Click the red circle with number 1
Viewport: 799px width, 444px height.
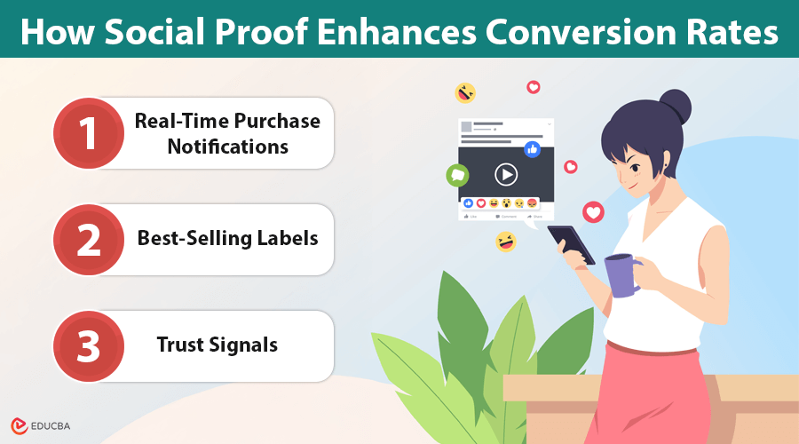pyautogui.click(x=89, y=133)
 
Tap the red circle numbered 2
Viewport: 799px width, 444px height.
pyautogui.click(x=89, y=240)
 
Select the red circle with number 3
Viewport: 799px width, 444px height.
pyautogui.click(x=89, y=346)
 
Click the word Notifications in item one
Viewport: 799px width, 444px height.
pyautogui.click(x=228, y=147)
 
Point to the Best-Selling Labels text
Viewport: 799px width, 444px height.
pyautogui.click(x=228, y=238)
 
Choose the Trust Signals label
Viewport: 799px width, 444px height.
pyautogui.click(x=218, y=345)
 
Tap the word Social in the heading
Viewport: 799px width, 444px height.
pyautogui.click(x=154, y=32)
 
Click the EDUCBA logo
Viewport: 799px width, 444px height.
pyautogui.click(x=40, y=425)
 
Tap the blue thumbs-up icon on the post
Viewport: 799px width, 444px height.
pyautogui.click(x=532, y=149)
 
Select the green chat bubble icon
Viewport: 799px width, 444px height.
pyautogui.click(x=457, y=175)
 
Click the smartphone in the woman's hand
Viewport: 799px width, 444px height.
pyautogui.click(x=571, y=244)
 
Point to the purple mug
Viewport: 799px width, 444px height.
pyautogui.click(x=621, y=275)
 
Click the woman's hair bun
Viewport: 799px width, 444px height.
pyautogui.click(x=676, y=107)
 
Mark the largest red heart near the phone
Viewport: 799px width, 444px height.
pyautogui.click(x=593, y=212)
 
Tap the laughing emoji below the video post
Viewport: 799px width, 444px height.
pyautogui.click(x=505, y=242)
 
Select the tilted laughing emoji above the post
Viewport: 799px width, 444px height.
pyautogui.click(x=464, y=93)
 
